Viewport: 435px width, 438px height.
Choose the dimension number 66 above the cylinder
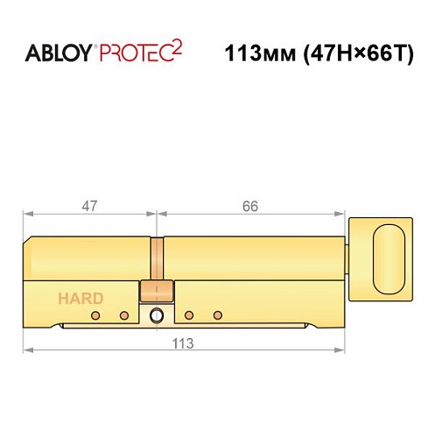250,207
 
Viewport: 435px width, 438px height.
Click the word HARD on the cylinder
81,298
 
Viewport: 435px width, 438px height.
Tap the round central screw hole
157,315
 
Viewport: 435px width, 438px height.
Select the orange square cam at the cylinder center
157,292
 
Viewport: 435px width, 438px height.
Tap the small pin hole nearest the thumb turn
218,314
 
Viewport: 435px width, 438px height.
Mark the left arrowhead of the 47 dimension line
27,214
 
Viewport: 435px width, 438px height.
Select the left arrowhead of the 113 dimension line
27,349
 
